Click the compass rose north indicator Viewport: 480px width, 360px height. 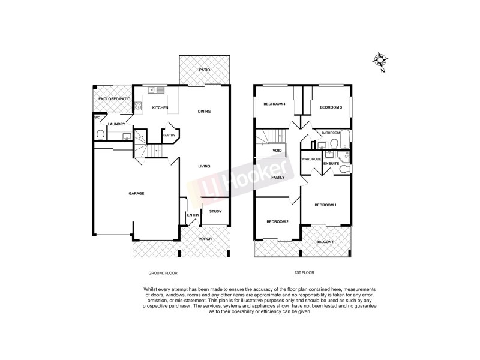[379, 60]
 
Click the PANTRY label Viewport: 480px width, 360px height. [169, 135]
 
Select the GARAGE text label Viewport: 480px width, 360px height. [136, 193]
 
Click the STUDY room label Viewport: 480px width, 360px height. [215, 211]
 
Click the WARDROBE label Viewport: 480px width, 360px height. [312, 159]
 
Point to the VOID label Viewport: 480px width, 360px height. [277, 150]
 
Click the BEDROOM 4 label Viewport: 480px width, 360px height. [274, 104]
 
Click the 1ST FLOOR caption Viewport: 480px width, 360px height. [305, 273]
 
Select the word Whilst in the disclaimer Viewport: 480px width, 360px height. [152, 289]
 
